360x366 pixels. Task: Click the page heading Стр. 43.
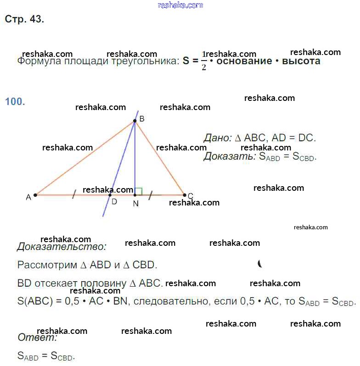coord(24,19)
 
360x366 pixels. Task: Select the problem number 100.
coord(15,101)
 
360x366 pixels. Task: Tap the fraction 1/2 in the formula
coord(204,61)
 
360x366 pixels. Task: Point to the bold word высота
coord(301,61)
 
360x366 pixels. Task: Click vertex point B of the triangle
coord(135,121)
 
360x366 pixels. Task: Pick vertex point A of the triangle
coord(35,195)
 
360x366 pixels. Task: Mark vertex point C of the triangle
coord(185,195)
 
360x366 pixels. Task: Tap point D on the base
coord(110,195)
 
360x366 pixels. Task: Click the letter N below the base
coord(135,204)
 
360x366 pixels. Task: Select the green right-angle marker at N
coord(139,191)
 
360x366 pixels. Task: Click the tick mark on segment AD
coord(73,195)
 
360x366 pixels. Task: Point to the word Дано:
coord(218,138)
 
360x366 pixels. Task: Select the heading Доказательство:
coord(62,247)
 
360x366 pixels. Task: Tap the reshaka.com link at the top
coord(180,5)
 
